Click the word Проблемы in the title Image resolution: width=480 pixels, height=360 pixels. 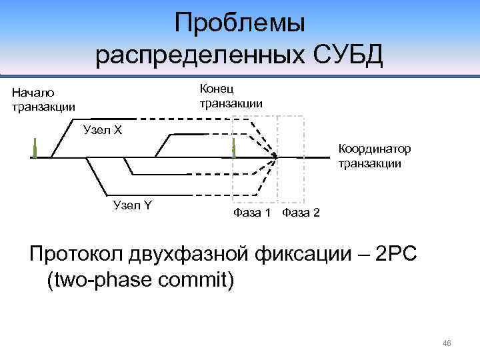[x=239, y=25]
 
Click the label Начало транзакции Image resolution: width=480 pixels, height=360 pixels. [x=43, y=99]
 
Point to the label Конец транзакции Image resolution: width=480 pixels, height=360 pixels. [x=231, y=96]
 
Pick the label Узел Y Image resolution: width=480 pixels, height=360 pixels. [x=133, y=205]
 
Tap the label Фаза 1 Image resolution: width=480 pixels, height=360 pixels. [x=252, y=213]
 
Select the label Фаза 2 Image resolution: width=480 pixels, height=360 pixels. [x=301, y=213]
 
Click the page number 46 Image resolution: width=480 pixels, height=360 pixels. [x=447, y=343]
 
